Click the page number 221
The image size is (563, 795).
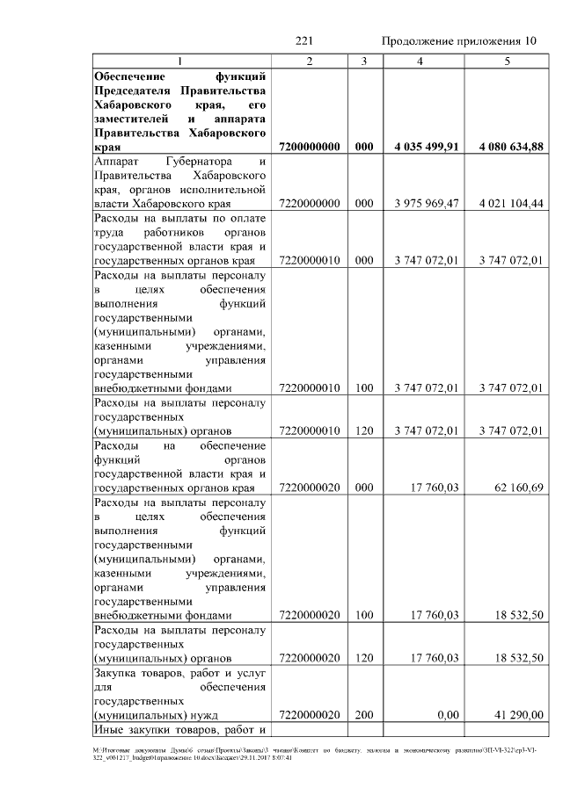pos(304,41)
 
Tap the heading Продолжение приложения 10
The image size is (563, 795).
pos(458,41)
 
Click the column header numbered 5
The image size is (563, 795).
pos(507,61)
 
